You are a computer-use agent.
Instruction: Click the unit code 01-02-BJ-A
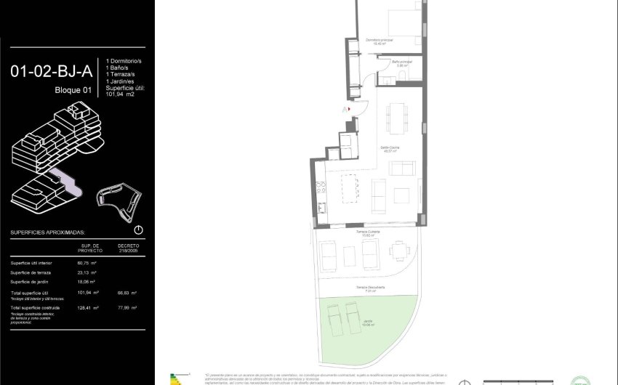tap(50, 72)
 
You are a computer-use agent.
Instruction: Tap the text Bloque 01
tap(73, 90)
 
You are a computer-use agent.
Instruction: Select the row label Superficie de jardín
tap(31, 281)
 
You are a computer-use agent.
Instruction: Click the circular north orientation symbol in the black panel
tap(139, 230)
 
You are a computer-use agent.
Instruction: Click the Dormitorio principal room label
tap(379, 40)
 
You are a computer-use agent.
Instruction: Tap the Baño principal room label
tap(401, 63)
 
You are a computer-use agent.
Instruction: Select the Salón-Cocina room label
tap(390, 147)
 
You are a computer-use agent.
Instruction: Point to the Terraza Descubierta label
tap(370, 288)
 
